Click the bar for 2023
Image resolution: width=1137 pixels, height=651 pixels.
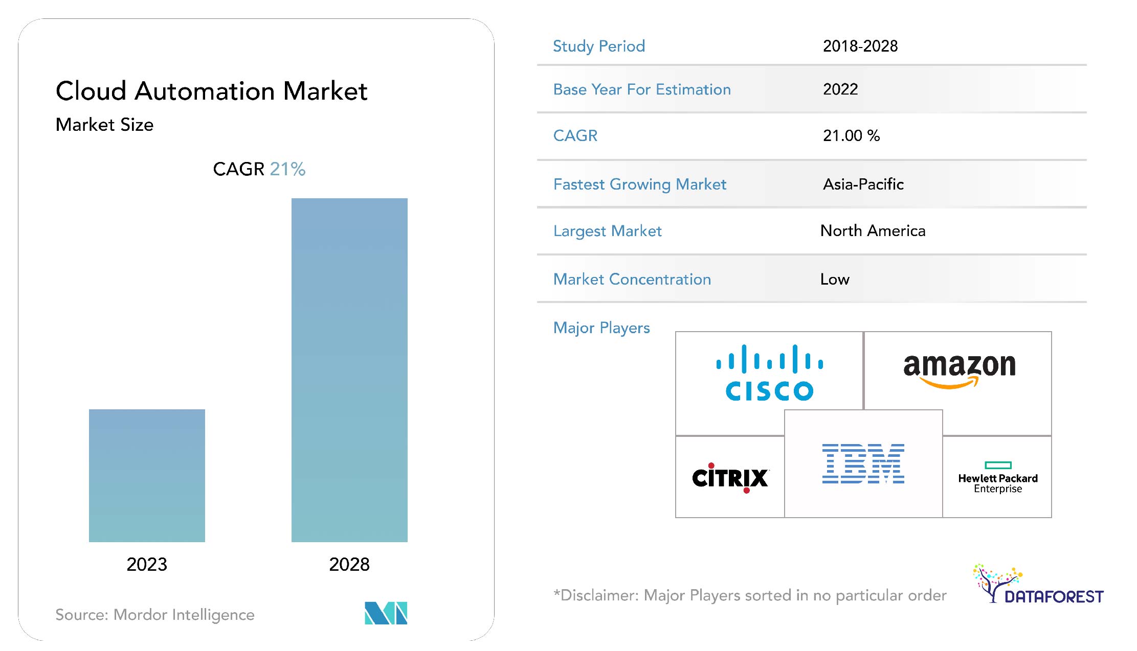[147, 475]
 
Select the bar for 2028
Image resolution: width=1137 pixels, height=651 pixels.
[349, 370]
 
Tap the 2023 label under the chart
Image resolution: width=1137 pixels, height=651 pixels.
[147, 564]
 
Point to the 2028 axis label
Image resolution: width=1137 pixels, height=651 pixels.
[349, 564]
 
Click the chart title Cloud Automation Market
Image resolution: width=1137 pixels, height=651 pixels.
[211, 91]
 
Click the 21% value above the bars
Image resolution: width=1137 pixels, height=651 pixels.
[287, 169]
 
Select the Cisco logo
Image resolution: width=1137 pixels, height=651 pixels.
[769, 373]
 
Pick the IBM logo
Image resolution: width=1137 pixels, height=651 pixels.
[863, 463]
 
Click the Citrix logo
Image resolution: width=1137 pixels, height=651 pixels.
[730, 478]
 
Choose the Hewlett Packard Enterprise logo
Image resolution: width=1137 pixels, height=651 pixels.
[998, 478]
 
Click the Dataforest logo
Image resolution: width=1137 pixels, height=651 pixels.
[1038, 585]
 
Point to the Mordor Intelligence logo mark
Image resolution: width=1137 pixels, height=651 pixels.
[386, 613]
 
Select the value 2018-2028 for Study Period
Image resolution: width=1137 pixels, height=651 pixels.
[860, 46]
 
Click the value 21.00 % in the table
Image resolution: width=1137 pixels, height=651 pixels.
[851, 135]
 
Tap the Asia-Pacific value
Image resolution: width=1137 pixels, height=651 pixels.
[863, 184]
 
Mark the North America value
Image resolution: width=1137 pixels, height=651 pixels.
[873, 231]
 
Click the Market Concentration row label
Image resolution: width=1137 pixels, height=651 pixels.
[632, 279]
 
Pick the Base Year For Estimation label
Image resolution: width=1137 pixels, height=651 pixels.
[642, 89]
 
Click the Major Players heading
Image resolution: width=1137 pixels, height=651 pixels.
[601, 328]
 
